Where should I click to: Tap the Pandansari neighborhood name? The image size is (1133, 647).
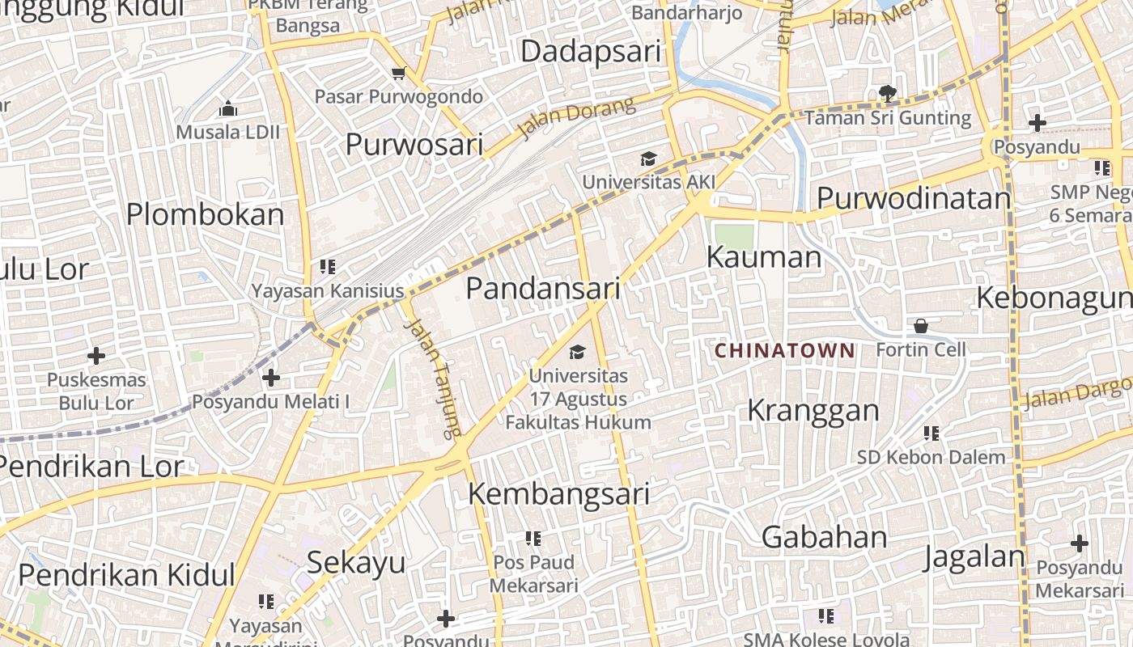(543, 289)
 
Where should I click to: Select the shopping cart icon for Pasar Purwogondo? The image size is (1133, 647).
(398, 74)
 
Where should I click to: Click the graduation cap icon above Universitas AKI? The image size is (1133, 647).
(648, 159)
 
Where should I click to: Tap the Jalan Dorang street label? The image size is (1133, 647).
(575, 119)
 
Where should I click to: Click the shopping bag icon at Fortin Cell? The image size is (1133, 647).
(921, 326)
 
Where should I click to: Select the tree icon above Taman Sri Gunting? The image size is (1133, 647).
(887, 94)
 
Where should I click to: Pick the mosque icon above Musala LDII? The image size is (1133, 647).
(228, 108)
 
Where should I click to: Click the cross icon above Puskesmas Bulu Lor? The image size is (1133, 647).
(96, 355)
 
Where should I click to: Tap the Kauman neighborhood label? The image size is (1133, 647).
(764, 257)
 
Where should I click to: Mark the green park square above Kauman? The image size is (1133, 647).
(734, 236)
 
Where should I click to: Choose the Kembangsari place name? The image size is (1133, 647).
(559, 493)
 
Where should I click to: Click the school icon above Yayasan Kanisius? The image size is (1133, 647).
(328, 266)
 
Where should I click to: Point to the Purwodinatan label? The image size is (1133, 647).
(914, 198)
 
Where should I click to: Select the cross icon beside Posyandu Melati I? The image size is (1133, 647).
(271, 377)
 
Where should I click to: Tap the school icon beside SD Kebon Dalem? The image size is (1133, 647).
(931, 433)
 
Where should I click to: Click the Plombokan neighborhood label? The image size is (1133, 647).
(206, 214)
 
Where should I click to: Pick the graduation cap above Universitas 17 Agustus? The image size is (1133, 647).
(577, 352)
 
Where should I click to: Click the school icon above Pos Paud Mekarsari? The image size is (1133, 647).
(533, 538)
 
